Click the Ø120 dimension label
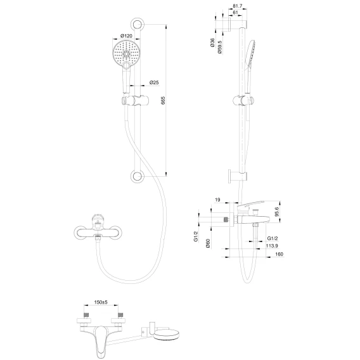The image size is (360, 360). point(127,35)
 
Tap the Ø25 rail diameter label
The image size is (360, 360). point(154,82)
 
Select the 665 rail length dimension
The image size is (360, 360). point(163,101)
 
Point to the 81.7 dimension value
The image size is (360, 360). point(238,6)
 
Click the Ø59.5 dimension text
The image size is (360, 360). point(220,47)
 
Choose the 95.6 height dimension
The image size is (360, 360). point(276,212)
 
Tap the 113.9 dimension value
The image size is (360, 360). point(272,246)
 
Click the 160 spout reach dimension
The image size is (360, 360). point(279,254)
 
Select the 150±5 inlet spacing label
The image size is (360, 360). point(101,302)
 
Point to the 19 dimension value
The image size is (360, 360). point(217,200)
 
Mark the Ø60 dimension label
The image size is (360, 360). point(208,243)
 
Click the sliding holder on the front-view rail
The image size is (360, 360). point(135,101)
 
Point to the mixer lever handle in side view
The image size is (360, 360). point(251,205)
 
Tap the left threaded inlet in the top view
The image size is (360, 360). point(87,314)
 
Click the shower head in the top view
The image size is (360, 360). point(166,335)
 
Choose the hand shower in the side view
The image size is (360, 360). point(250,67)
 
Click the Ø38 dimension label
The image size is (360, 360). point(212,42)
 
